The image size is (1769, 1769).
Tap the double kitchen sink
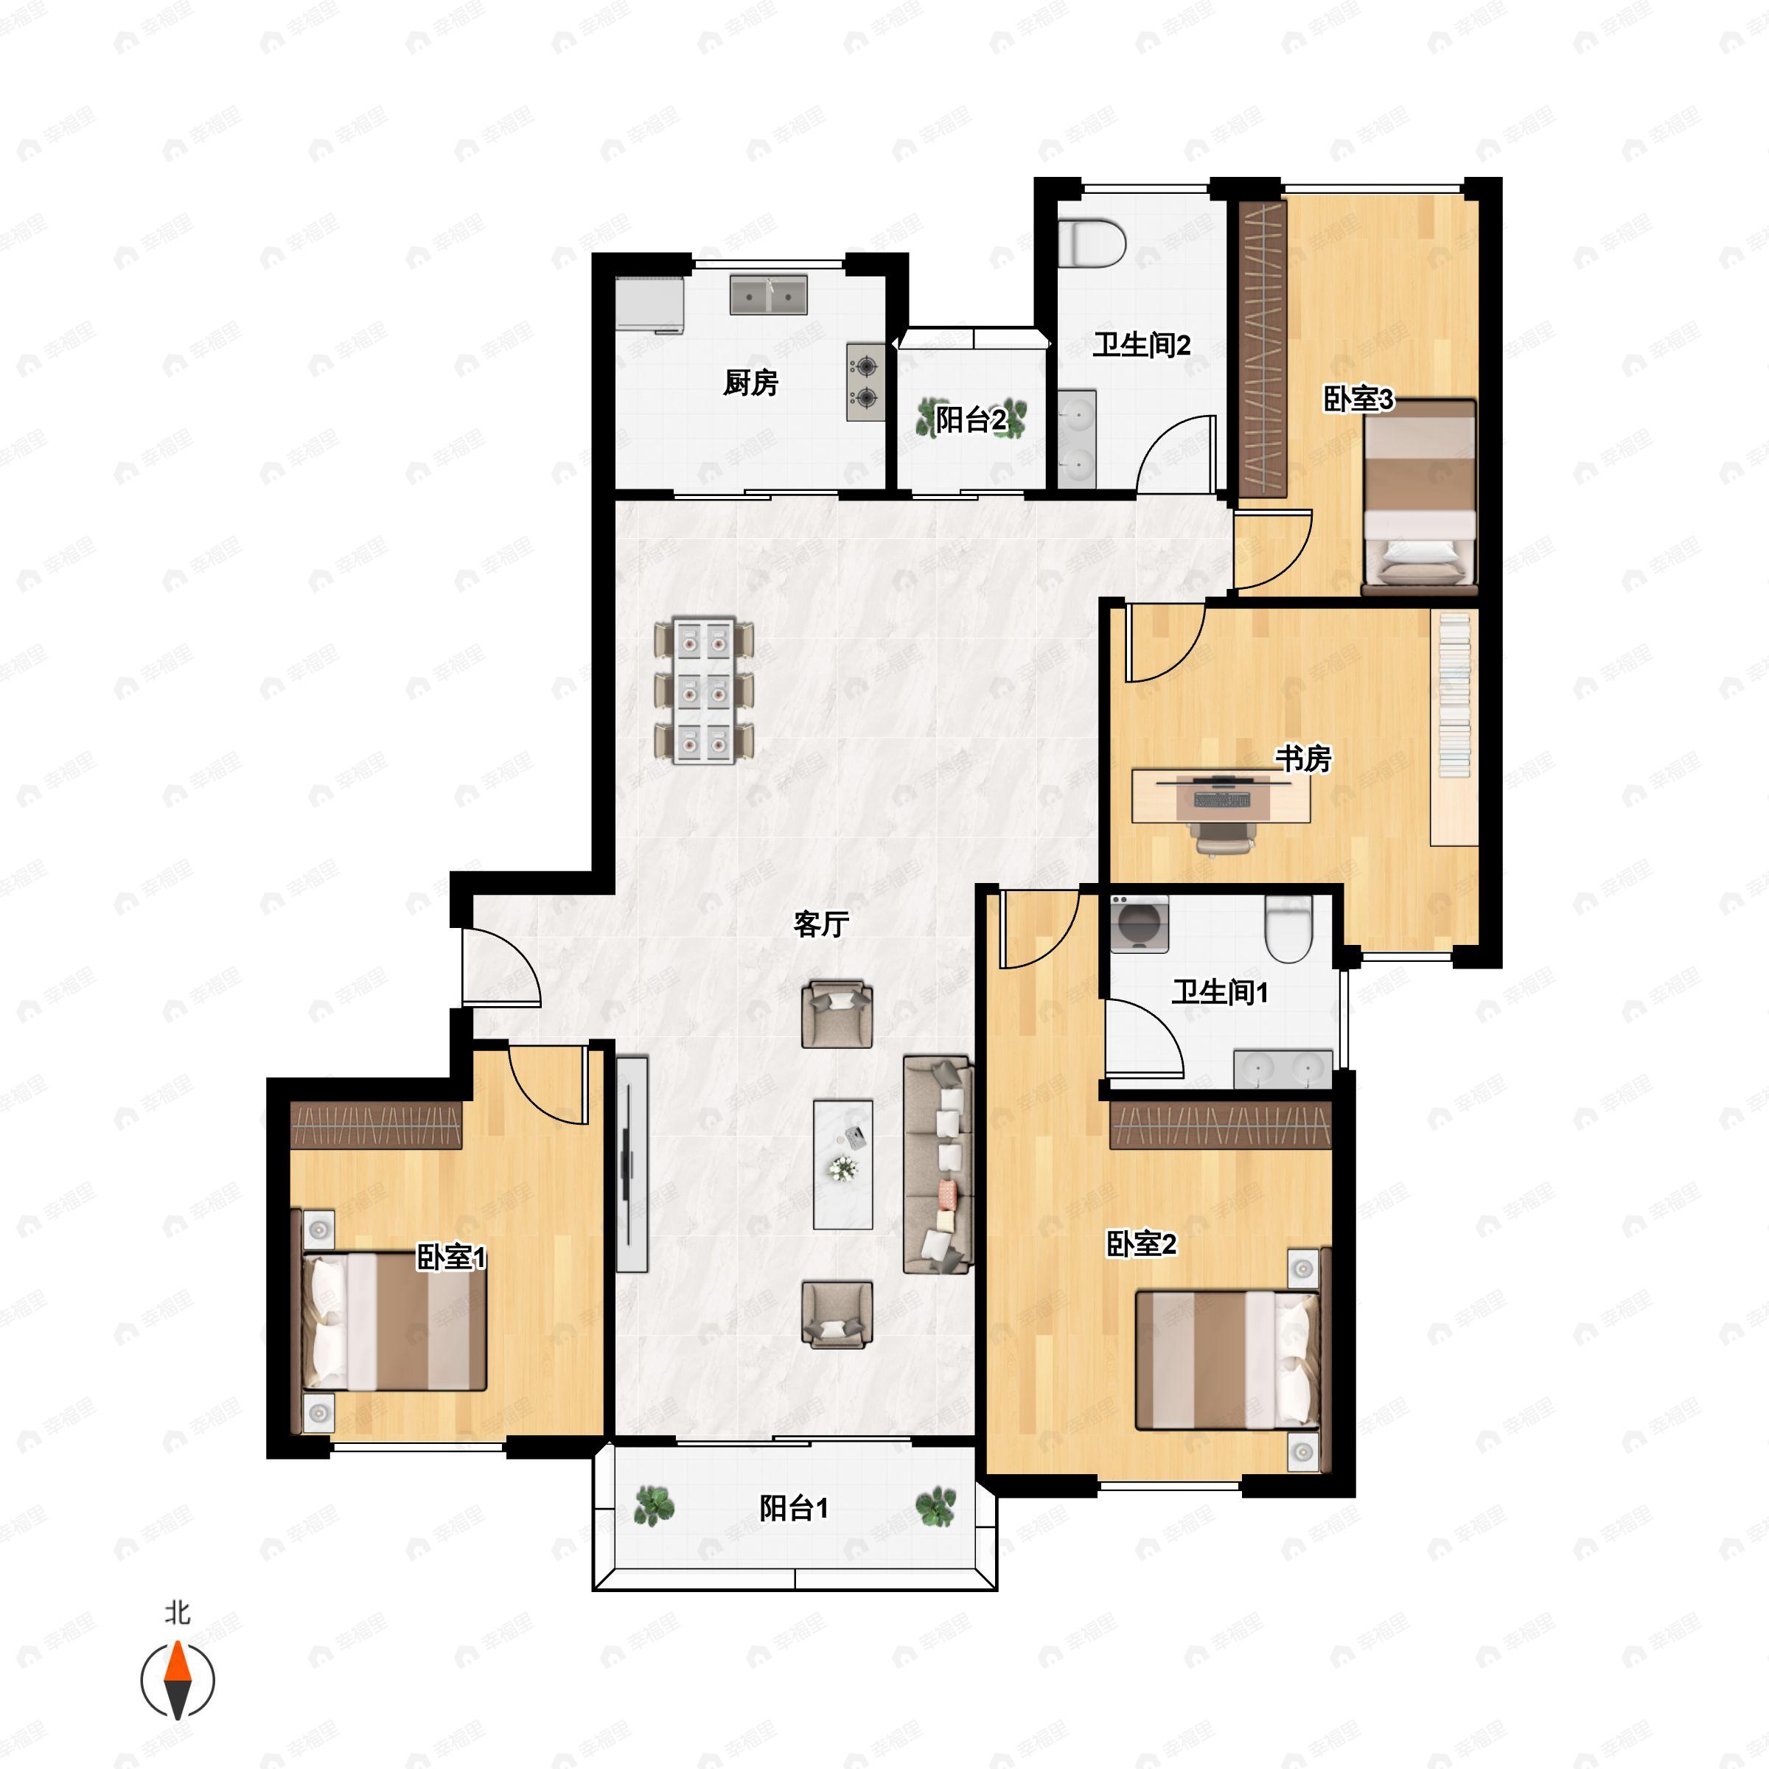tap(768, 295)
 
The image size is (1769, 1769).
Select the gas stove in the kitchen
tap(865, 382)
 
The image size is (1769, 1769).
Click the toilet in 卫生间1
tap(1288, 929)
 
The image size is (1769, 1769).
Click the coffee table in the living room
tap(842, 1164)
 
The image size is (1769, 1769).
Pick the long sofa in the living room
tap(937, 1164)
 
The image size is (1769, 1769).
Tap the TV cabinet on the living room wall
tap(631, 1163)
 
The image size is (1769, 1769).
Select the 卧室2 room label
tap(1141, 1243)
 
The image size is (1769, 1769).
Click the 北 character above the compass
tap(178, 1611)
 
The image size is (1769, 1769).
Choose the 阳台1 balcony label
tap(794, 1508)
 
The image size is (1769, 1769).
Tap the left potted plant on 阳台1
tap(654, 1506)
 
